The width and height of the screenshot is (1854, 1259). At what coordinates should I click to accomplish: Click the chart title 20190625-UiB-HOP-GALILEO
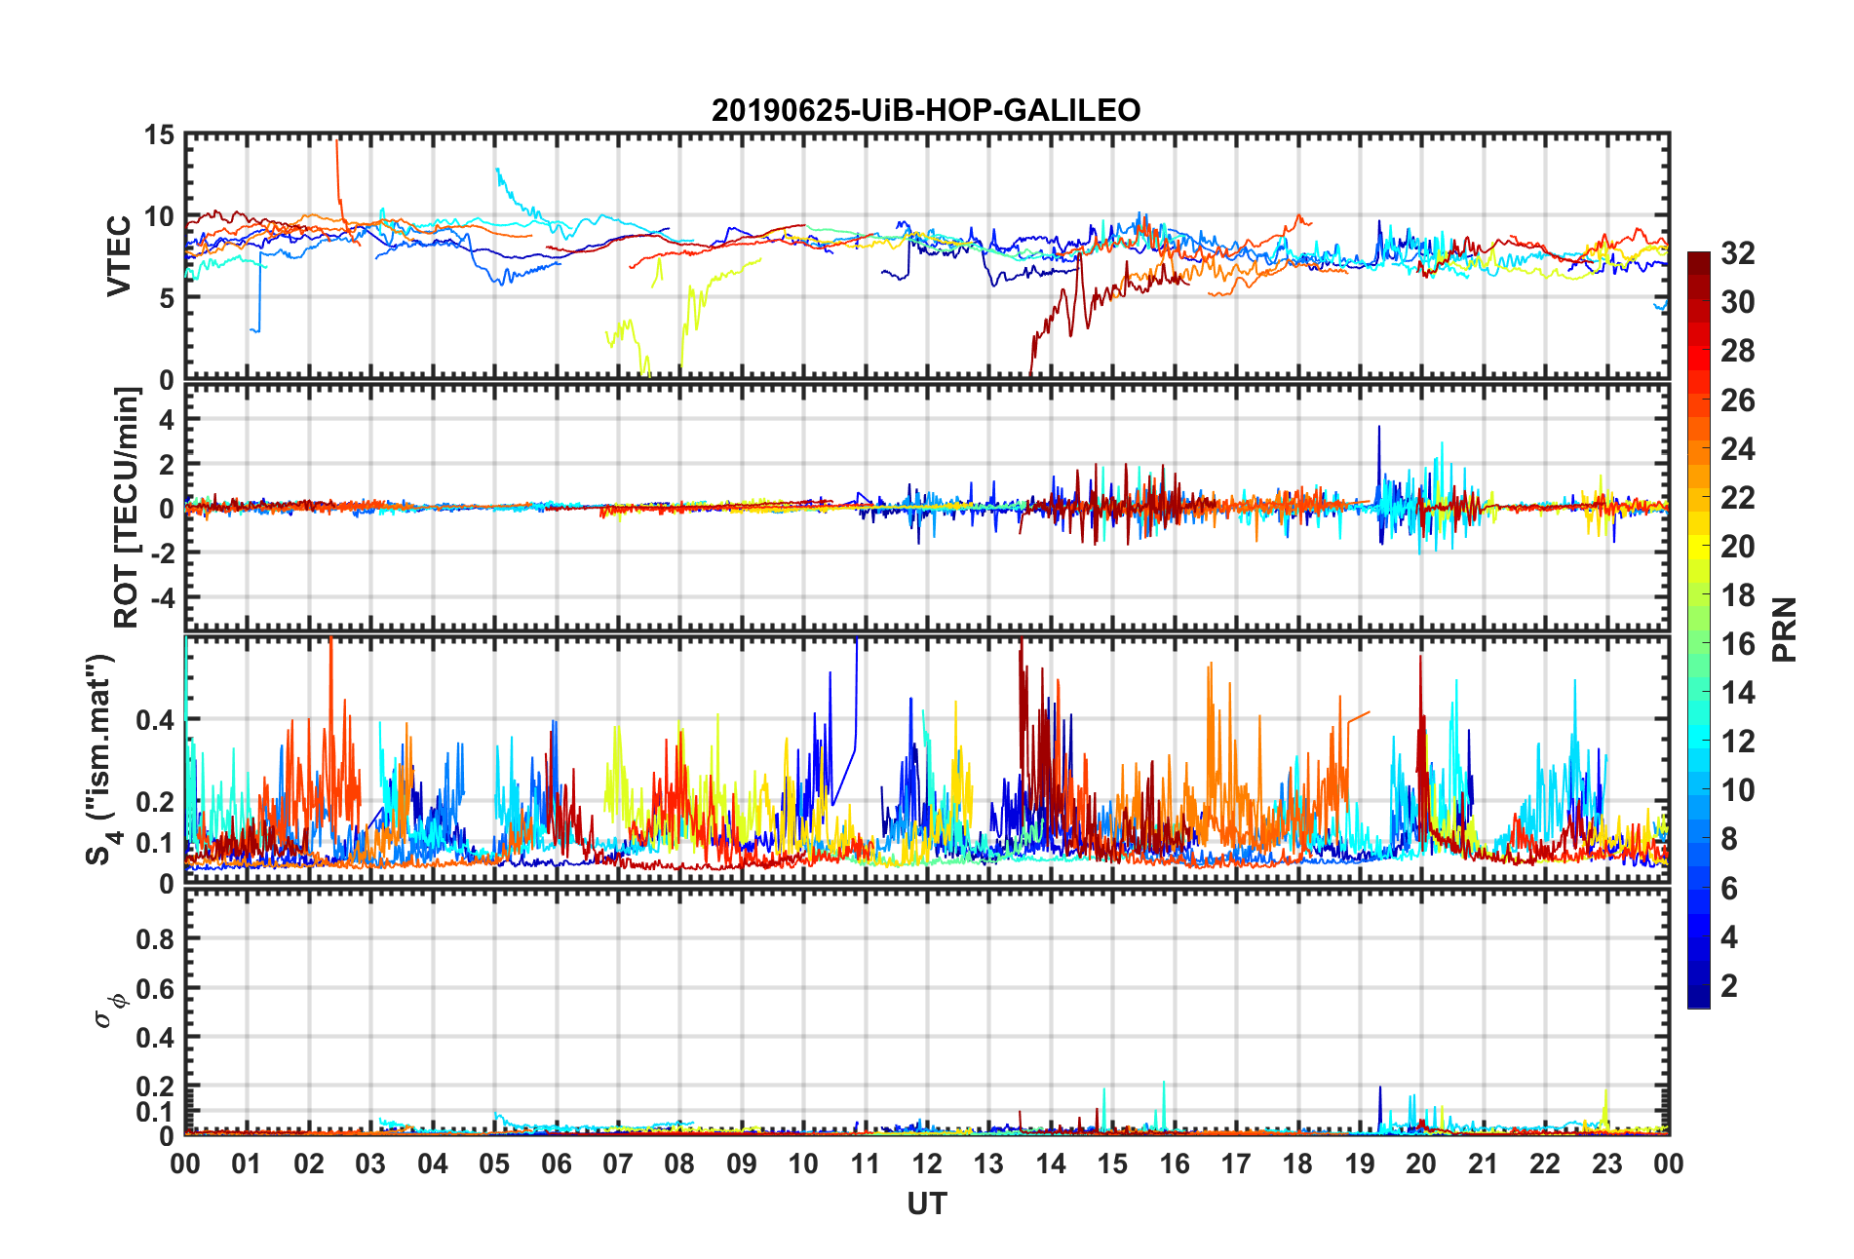point(925,110)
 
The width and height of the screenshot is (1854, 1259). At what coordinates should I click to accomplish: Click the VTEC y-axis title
point(119,255)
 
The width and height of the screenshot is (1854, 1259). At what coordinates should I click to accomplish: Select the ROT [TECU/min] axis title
point(127,507)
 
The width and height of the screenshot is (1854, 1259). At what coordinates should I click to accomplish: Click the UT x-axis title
point(926,1204)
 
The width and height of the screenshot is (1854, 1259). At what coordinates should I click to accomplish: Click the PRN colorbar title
point(1784,629)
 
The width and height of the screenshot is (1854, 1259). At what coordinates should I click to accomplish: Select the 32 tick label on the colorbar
point(1737,253)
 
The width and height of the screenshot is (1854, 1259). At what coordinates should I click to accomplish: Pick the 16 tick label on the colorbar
point(1737,644)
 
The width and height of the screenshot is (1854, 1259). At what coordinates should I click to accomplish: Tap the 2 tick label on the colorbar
point(1729,986)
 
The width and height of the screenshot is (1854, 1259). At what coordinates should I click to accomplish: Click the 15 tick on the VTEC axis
point(159,135)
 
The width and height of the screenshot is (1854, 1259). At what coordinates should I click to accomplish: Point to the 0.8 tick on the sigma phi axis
point(155,939)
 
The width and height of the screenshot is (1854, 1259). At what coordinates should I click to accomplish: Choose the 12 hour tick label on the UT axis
point(926,1164)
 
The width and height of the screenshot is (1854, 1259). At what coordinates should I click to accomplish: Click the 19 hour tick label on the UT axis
point(1359,1164)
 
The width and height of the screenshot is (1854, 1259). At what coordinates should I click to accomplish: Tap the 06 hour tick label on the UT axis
point(556,1164)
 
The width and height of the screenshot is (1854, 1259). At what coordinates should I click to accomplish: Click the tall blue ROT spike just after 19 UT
point(1378,429)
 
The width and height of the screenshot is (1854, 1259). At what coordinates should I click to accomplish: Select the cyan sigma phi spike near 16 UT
point(1164,1085)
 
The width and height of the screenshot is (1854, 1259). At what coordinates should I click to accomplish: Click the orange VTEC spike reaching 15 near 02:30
point(336,146)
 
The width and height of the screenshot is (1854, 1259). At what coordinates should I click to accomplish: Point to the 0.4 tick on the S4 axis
point(155,720)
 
